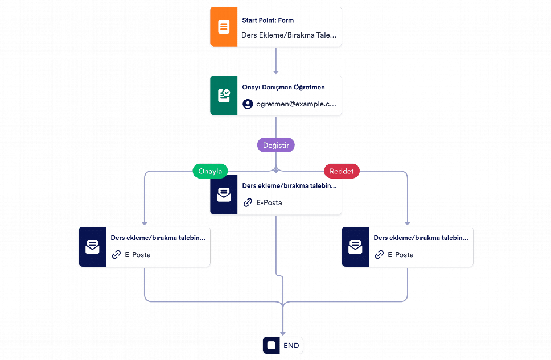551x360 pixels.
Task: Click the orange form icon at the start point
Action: point(224,27)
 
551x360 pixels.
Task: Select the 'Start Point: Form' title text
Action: point(268,20)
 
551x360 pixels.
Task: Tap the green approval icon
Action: point(224,96)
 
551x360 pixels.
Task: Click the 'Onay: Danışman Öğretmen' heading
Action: point(283,87)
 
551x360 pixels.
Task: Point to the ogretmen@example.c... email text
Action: point(296,104)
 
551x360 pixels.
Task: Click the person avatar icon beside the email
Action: point(248,104)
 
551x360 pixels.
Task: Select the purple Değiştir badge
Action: point(276,145)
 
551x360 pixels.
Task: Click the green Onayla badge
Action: point(210,171)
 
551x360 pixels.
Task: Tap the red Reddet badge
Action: point(342,171)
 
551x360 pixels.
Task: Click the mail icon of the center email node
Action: point(224,195)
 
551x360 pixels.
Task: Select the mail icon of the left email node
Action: point(92,247)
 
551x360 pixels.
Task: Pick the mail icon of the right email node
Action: point(355,247)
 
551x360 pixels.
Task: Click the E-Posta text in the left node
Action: point(138,255)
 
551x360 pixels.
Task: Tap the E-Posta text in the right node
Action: point(401,255)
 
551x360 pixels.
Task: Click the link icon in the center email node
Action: point(248,202)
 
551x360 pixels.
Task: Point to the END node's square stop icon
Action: point(272,345)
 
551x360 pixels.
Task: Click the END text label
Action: point(291,346)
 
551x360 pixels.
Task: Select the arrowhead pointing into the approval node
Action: point(276,72)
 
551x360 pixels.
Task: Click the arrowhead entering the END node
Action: point(283,333)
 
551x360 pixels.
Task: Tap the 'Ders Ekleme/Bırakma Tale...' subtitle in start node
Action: point(289,35)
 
